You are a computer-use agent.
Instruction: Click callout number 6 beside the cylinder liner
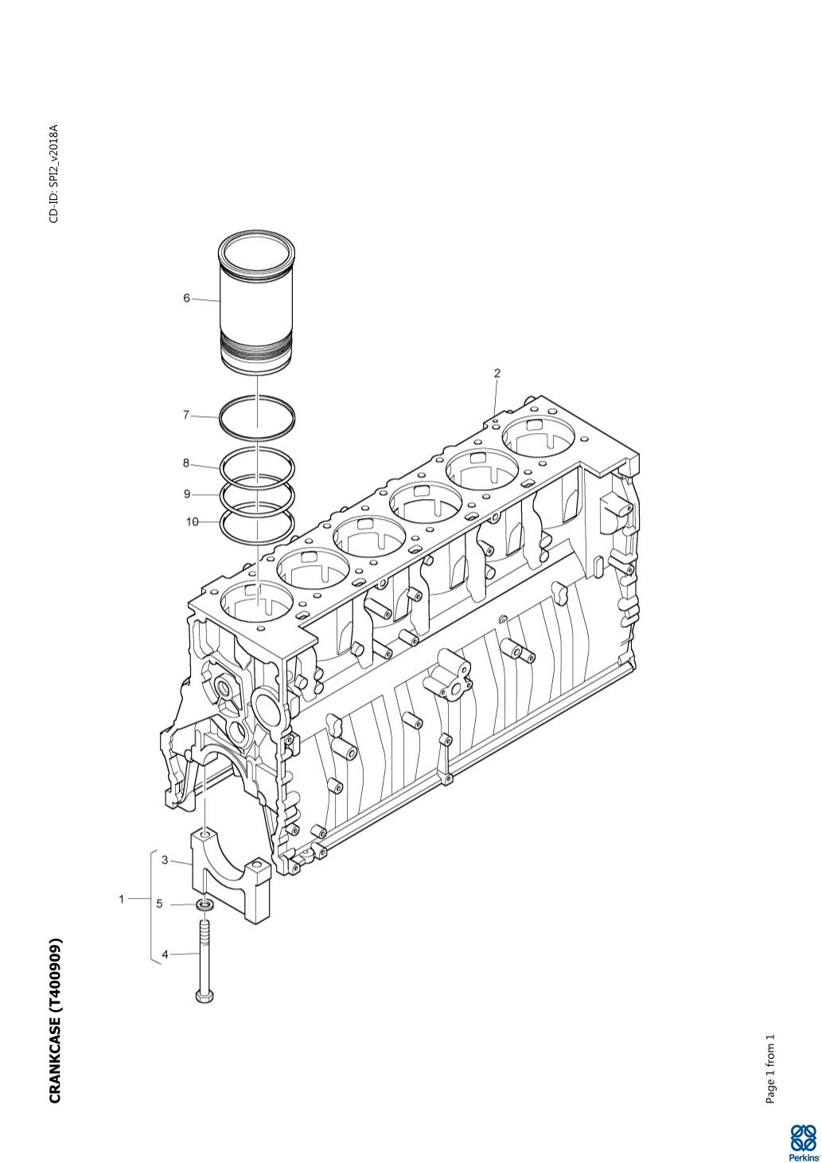coord(186,299)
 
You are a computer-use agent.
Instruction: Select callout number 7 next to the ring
coord(186,416)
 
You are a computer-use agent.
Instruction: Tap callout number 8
coord(186,462)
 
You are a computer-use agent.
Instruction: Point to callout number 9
coord(187,494)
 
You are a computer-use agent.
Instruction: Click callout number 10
coord(192,521)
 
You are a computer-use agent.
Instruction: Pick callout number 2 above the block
coord(497,373)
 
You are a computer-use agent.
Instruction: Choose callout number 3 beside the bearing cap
coord(165,861)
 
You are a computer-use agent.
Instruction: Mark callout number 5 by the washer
coord(160,904)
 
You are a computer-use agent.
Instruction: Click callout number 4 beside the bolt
coord(165,954)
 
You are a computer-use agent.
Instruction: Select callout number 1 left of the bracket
coord(122,899)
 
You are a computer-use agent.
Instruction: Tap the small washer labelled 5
coord(205,906)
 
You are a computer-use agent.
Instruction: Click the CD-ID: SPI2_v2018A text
coord(54,174)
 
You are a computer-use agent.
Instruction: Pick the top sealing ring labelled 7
coord(257,416)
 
